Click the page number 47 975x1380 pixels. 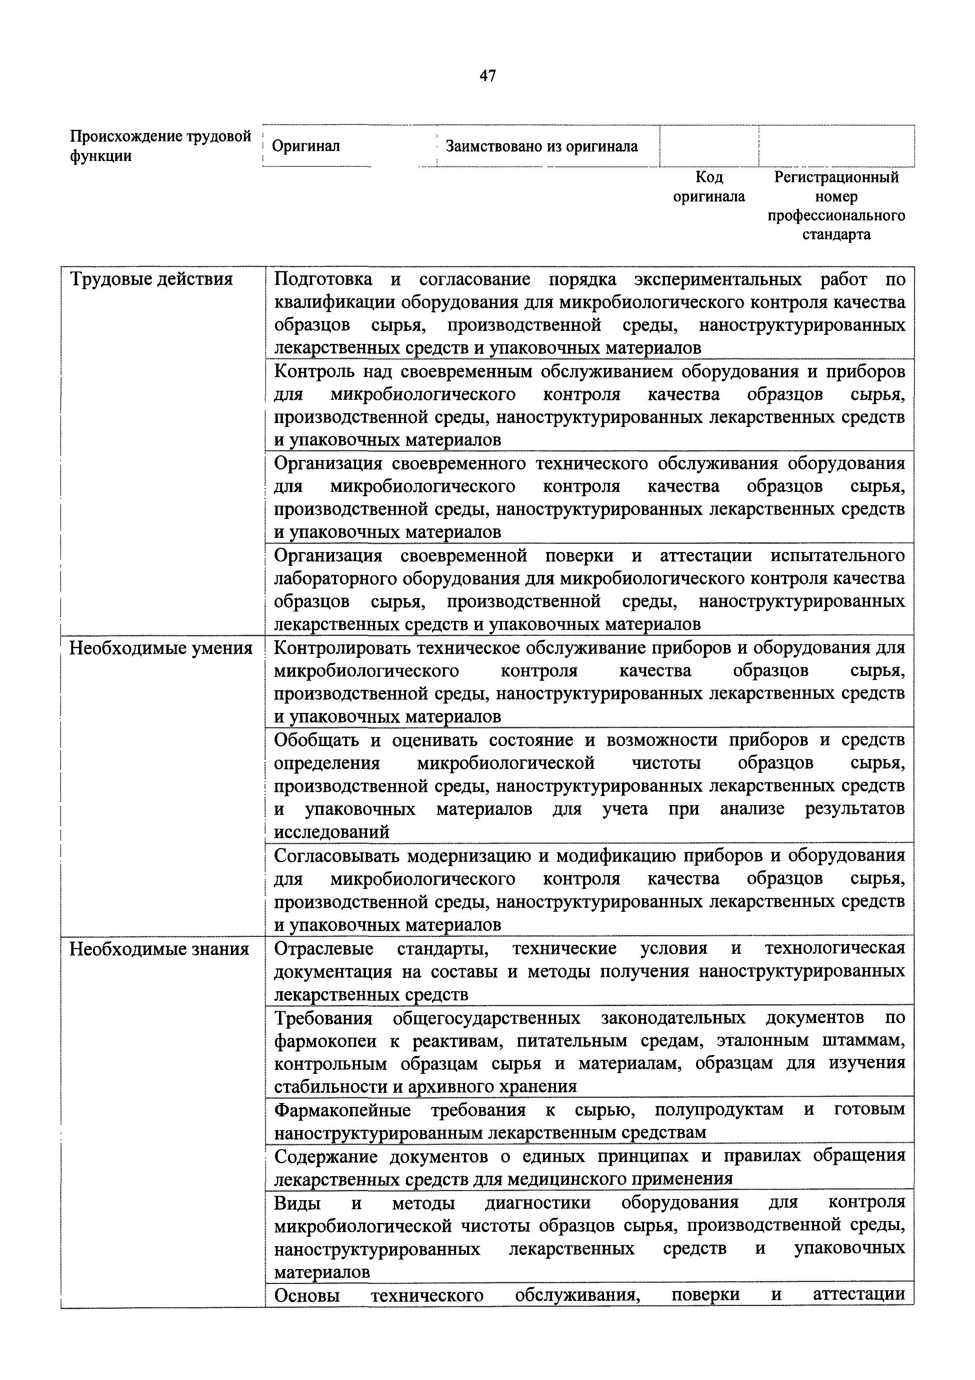pyautogui.click(x=487, y=76)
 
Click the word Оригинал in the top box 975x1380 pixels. pyautogui.click(x=306, y=146)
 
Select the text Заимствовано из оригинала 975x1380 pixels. pyautogui.click(x=541, y=146)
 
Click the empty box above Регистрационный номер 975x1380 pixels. pyautogui.click(x=836, y=146)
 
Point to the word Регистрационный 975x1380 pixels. pyautogui.click(x=836, y=177)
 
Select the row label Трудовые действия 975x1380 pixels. pyautogui.click(x=151, y=279)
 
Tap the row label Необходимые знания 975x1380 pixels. pyautogui.click(x=159, y=949)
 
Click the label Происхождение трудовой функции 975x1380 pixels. pyautogui.click(x=161, y=146)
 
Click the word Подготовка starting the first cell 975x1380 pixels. pyautogui.click(x=323, y=279)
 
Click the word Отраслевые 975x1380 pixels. pyautogui.click(x=323, y=949)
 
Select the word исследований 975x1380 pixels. pyautogui.click(x=331, y=833)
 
